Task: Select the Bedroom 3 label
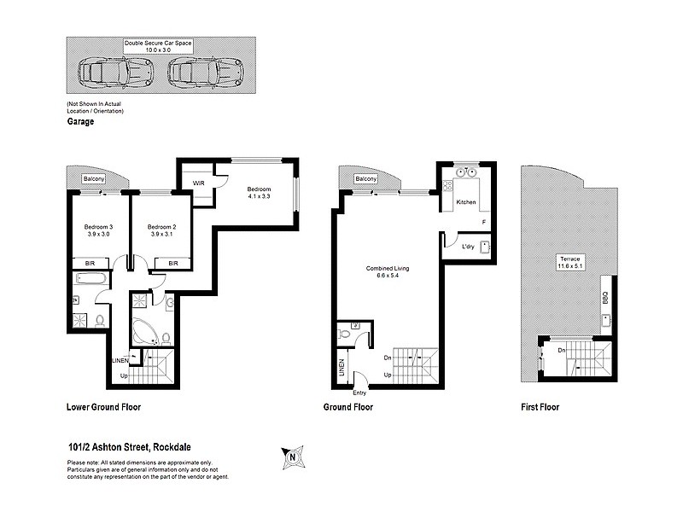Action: click(98, 230)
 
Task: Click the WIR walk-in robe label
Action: click(198, 183)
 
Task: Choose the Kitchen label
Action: click(466, 202)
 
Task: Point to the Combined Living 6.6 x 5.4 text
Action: click(388, 272)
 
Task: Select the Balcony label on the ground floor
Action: click(366, 179)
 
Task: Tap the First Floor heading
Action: click(540, 407)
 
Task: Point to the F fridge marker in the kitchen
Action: click(484, 223)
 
